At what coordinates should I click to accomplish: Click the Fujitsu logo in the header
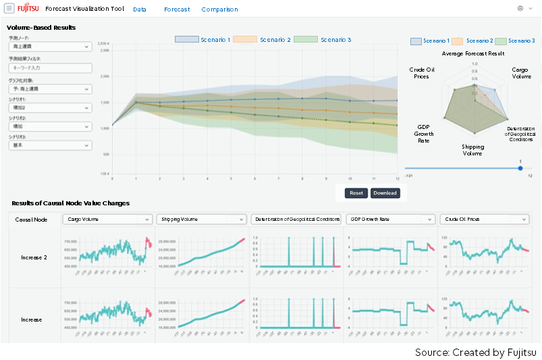click(x=28, y=9)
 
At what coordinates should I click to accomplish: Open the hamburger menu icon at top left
click(x=9, y=9)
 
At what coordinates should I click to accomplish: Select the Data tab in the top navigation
click(x=140, y=9)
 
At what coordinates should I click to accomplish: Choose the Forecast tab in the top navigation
click(x=177, y=9)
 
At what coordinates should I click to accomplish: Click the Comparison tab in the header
click(x=219, y=9)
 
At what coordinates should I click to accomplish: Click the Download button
click(x=385, y=193)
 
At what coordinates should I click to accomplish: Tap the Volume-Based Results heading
click(x=41, y=27)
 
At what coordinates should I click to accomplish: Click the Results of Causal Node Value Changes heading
click(x=70, y=203)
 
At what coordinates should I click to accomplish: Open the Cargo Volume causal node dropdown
click(x=109, y=220)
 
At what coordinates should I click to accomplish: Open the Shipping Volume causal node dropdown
click(x=201, y=220)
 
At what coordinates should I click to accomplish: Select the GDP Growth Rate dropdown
click(x=389, y=220)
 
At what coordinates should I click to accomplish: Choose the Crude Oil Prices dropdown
click(x=483, y=220)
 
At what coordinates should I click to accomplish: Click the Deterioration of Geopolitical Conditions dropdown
click(x=295, y=220)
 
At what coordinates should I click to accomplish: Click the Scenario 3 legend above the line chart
click(x=323, y=40)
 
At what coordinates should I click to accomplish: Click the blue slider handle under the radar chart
click(x=520, y=168)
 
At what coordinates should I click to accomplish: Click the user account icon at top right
click(x=520, y=9)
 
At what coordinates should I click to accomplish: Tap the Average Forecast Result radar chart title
click(x=472, y=53)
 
